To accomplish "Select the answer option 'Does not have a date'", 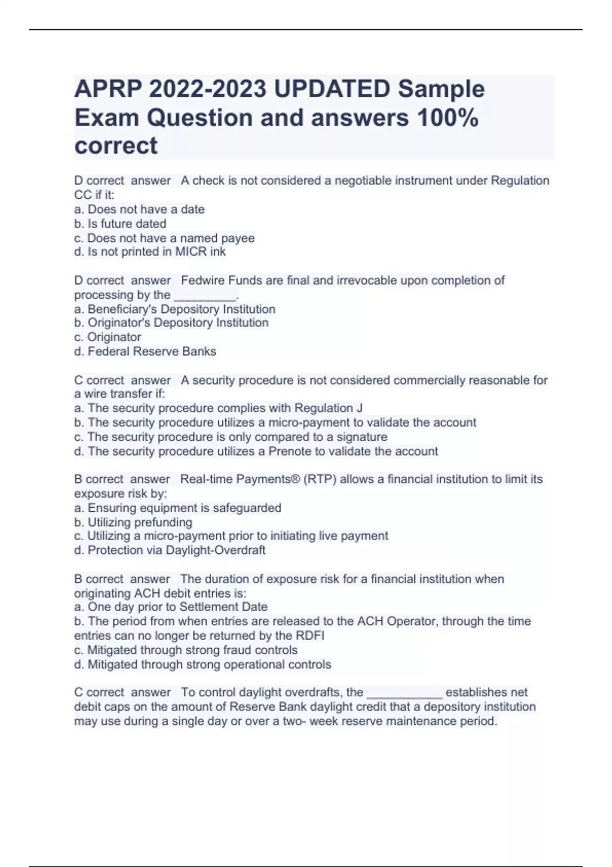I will (139, 209).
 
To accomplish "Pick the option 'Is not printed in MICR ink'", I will (150, 251).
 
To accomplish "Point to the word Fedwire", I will (202, 280).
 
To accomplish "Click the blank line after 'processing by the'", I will (205, 296).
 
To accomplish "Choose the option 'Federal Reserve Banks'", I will (145, 351).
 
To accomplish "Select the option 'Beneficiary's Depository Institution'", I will (175, 309).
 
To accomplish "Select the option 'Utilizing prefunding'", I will (134, 522).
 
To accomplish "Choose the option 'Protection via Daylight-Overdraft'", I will (170, 550).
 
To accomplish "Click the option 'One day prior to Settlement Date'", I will (171, 607).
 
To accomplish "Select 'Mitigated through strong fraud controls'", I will (186, 650).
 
